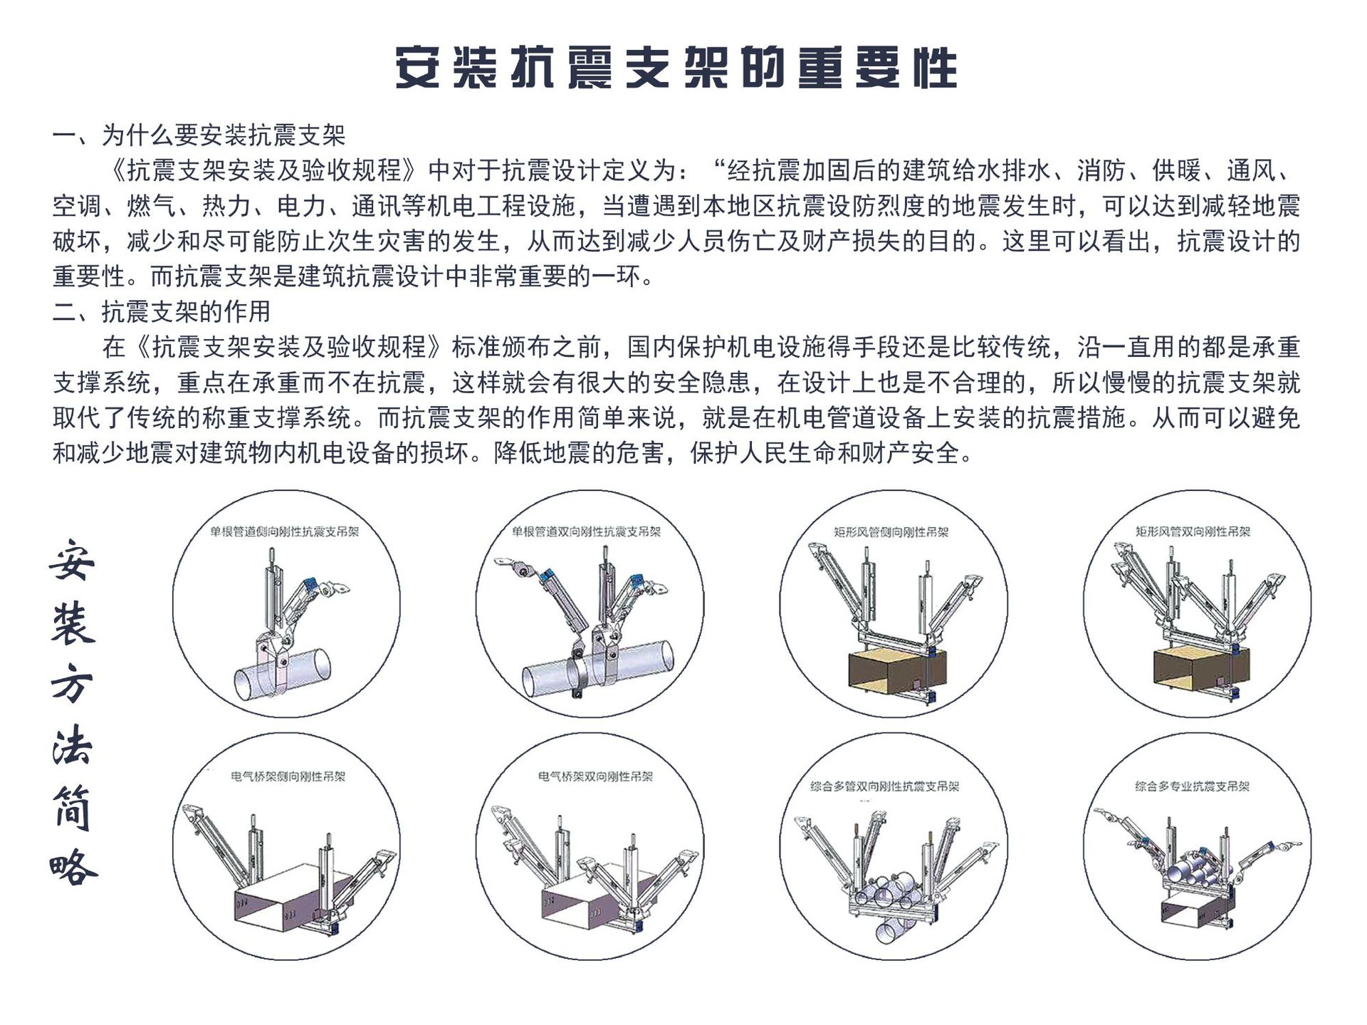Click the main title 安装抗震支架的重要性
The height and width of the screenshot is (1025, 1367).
coord(676,68)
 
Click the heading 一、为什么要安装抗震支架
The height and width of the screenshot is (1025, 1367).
coord(199,135)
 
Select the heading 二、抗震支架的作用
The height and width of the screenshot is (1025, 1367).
coord(162,311)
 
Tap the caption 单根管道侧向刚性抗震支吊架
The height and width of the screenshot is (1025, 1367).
coord(285,531)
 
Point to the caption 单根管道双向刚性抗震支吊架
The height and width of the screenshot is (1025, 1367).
coord(587,531)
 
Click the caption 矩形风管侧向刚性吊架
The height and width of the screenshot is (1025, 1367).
coord(891,532)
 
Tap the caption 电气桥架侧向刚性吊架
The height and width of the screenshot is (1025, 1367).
coord(288,776)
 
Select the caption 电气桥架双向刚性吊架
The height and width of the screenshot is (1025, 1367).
coord(595,776)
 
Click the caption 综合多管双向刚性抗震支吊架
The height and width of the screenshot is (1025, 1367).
coord(885,786)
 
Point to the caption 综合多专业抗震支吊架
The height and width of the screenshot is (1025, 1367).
coord(1193,786)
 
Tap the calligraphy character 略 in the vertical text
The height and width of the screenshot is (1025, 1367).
coord(73,867)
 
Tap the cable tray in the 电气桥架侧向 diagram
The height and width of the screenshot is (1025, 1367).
coord(290,898)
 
